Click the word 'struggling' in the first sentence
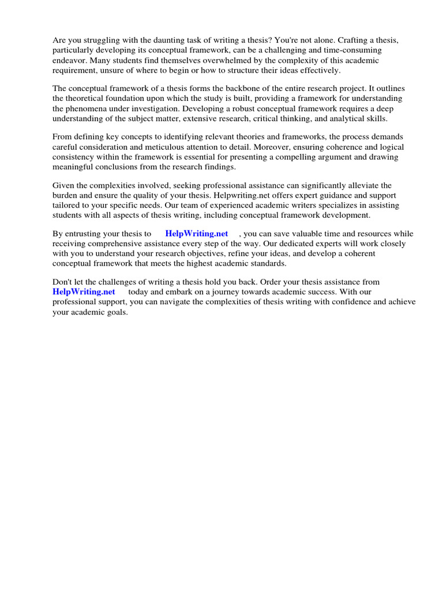point(99,40)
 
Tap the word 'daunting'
point(157,40)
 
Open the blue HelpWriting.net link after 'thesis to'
point(197,234)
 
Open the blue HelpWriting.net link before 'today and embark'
point(84,292)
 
